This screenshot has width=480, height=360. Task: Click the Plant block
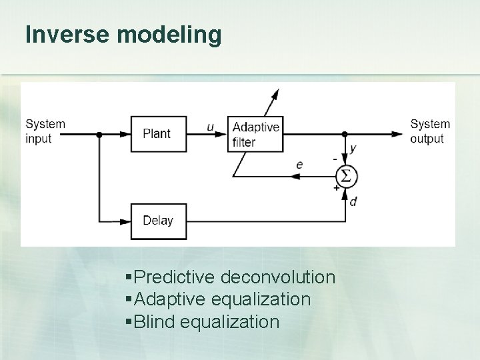[158, 133]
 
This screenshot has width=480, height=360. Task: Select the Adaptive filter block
[255, 133]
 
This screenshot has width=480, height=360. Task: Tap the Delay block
[158, 221]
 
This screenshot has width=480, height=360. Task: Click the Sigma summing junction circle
[346, 176]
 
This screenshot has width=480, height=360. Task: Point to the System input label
[45, 131]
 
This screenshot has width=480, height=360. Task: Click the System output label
[430, 131]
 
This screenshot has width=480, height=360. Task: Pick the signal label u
[211, 127]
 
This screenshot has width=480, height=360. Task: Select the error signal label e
[300, 163]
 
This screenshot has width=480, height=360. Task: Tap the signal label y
[353, 148]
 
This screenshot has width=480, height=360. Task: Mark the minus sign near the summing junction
[334, 160]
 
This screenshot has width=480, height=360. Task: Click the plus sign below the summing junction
[335, 189]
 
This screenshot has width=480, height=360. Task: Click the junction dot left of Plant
[99, 133]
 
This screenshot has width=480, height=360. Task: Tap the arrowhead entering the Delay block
[125, 221]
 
